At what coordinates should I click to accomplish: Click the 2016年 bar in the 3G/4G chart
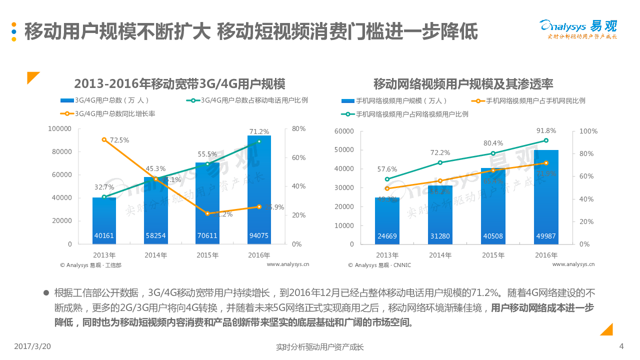[x=259, y=190]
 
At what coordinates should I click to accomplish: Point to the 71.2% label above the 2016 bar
[x=259, y=131]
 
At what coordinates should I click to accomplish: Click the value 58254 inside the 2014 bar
[x=156, y=235]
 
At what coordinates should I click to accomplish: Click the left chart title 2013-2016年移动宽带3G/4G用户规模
[x=179, y=83]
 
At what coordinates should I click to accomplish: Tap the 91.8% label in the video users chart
[x=546, y=131]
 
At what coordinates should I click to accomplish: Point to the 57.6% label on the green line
[x=387, y=169]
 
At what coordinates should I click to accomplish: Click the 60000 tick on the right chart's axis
[x=343, y=131]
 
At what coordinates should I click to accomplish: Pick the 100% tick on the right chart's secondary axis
[x=588, y=131]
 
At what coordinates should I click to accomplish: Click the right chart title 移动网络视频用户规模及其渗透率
[x=463, y=83]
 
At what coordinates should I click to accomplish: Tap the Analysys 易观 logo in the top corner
[x=578, y=29]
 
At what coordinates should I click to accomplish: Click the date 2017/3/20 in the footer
[x=32, y=346]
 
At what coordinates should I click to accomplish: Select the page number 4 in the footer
[x=621, y=346]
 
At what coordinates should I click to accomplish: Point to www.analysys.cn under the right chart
[x=573, y=264]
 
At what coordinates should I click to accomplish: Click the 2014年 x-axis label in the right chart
[x=440, y=255]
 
